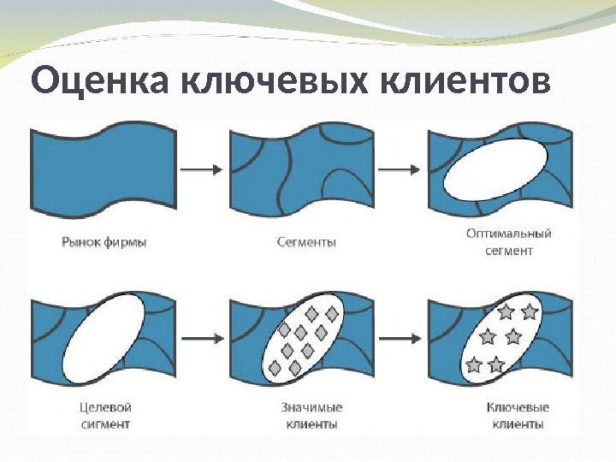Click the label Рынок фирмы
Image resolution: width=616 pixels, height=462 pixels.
click(x=104, y=242)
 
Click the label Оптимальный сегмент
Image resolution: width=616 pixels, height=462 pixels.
click(x=509, y=242)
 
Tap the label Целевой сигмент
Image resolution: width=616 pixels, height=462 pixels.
click(x=103, y=415)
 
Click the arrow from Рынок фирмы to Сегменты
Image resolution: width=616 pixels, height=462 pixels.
click(x=202, y=169)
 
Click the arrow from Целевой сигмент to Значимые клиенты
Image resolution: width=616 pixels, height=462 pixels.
click(x=202, y=339)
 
